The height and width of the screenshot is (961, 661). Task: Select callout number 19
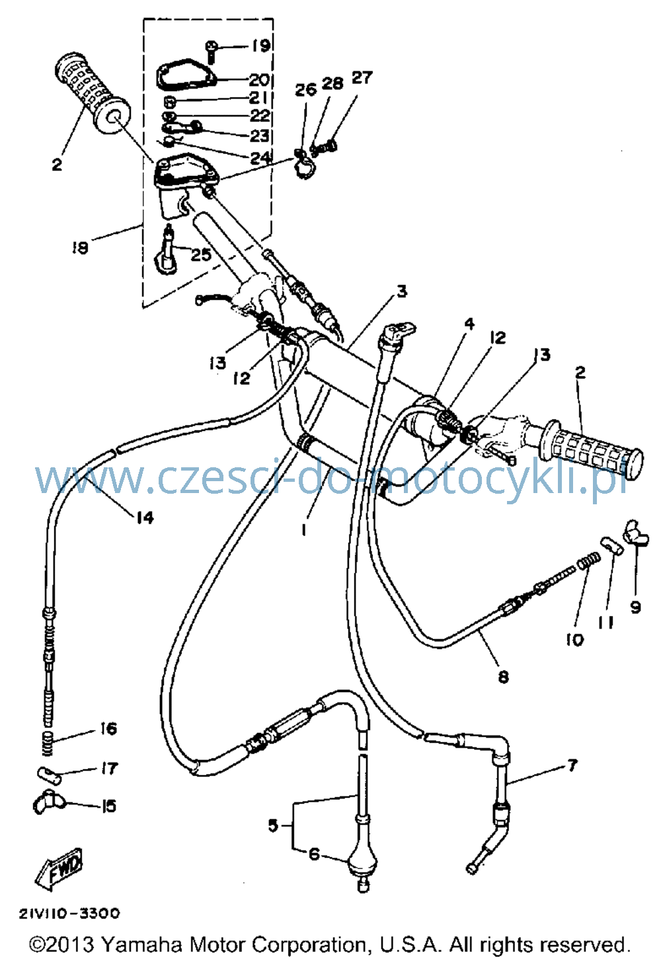pyautogui.click(x=260, y=45)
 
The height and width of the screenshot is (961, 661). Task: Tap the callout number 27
pyautogui.click(x=362, y=77)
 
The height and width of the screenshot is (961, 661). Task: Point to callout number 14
pyautogui.click(x=145, y=518)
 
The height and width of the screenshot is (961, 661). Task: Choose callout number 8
pyautogui.click(x=503, y=677)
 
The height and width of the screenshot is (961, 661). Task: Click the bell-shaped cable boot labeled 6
pyautogui.click(x=362, y=868)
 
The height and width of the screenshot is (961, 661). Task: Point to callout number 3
pyautogui.click(x=401, y=291)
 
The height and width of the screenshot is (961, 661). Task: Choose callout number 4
pyautogui.click(x=470, y=324)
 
